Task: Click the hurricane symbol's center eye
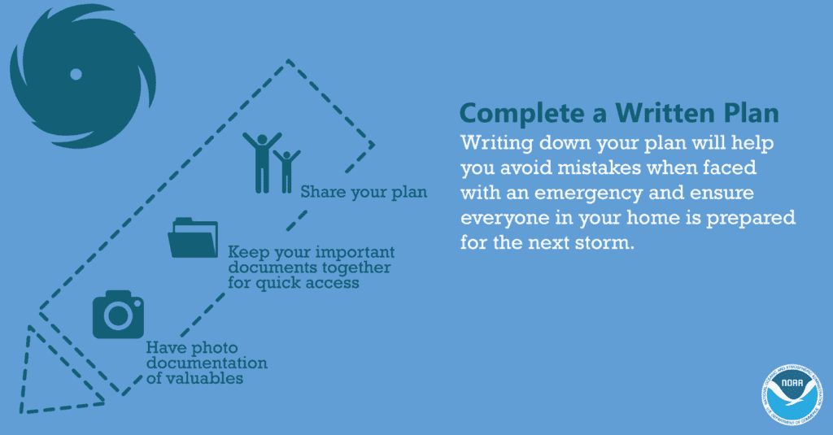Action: (x=76, y=75)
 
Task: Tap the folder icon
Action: (x=193, y=237)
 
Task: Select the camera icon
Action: (x=119, y=314)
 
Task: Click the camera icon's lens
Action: (x=118, y=317)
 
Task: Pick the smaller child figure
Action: (x=286, y=169)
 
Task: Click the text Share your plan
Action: (x=364, y=193)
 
